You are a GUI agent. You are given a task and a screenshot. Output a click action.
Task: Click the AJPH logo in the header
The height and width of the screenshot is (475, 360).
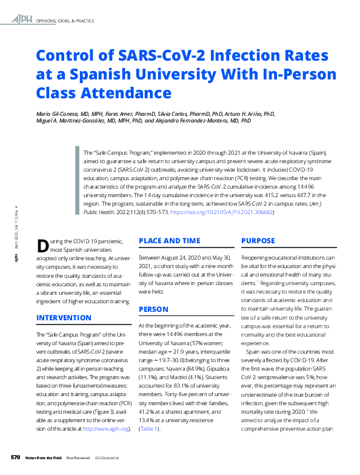click(x=22, y=21)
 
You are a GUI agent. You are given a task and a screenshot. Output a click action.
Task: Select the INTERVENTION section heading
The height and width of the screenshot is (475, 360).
click(x=65, y=317)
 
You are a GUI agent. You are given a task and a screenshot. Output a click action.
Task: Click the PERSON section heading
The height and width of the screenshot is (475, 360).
click(x=153, y=309)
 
